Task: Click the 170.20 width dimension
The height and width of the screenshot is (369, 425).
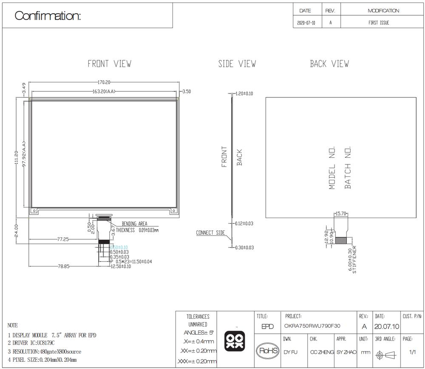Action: coord(104,82)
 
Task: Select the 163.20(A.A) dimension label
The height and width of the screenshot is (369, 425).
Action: coord(104,92)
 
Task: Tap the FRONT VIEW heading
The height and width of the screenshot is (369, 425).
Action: coord(110,64)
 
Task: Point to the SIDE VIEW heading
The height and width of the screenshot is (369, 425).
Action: coord(237,64)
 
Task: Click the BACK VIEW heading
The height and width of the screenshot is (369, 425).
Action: coord(330,64)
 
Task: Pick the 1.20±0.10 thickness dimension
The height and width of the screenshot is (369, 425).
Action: coord(244,94)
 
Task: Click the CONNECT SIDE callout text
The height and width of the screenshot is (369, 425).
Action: coord(211,233)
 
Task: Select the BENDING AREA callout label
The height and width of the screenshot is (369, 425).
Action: coord(134,224)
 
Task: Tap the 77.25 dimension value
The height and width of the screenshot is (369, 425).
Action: coord(63,239)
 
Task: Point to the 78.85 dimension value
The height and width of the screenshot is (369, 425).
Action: coord(63,266)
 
